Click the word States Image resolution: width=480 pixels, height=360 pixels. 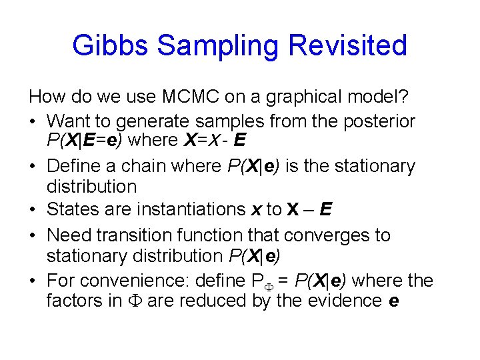pyautogui.click(x=72, y=210)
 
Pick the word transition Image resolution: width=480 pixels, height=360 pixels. pyautogui.click(x=141, y=235)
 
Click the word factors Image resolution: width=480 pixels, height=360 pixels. pyautogui.click(x=71, y=301)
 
